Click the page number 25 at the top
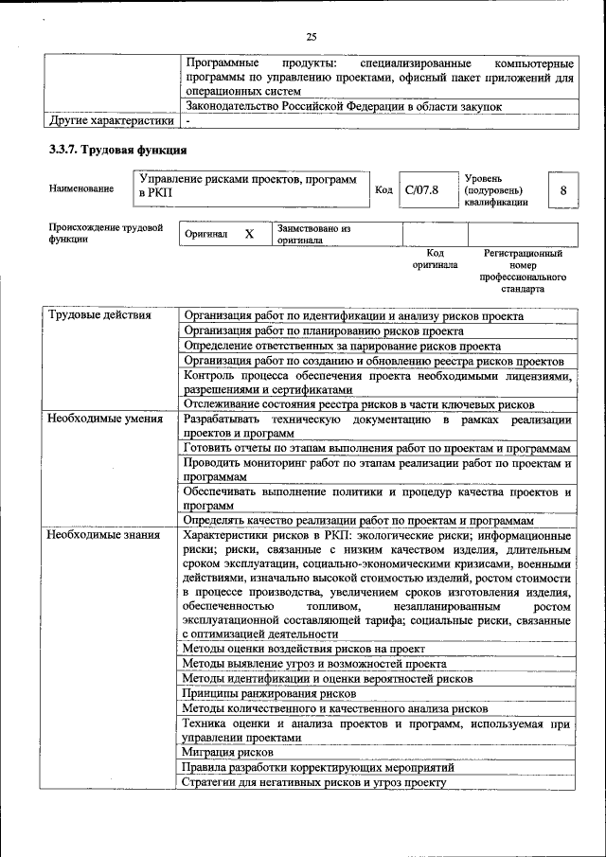coord(311,37)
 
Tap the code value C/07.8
coord(422,190)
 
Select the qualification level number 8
coord(562,190)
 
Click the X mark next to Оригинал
coord(249,234)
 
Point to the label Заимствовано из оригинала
coord(313,234)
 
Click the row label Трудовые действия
coord(99,315)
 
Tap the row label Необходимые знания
coord(104,535)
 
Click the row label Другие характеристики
coord(112,121)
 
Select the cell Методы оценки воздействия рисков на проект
coord(303,649)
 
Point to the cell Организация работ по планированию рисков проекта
coord(323,330)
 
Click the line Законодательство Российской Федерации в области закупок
coord(342,107)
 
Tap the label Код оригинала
coord(435,259)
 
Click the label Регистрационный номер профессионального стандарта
coord(523,271)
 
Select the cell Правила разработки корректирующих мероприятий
coord(317,767)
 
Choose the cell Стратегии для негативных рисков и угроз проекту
coord(313,782)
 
